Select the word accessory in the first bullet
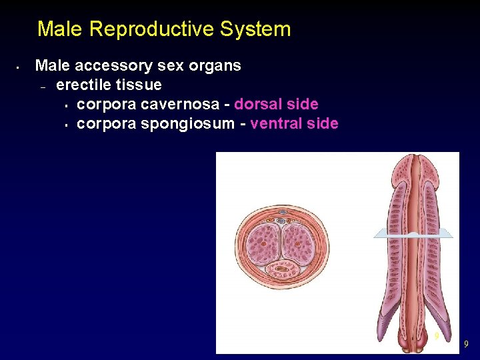113,66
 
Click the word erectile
82,85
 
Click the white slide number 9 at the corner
466,344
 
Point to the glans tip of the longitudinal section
414,163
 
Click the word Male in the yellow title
60,29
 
